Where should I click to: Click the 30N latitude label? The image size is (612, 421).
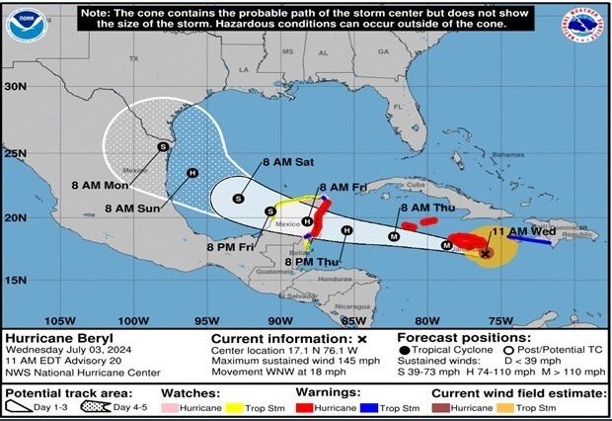15,86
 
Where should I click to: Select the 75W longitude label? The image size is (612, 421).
500,319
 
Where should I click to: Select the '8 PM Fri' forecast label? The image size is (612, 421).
228,246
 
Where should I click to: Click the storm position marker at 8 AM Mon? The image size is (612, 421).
164,146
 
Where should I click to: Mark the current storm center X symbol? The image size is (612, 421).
486,253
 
